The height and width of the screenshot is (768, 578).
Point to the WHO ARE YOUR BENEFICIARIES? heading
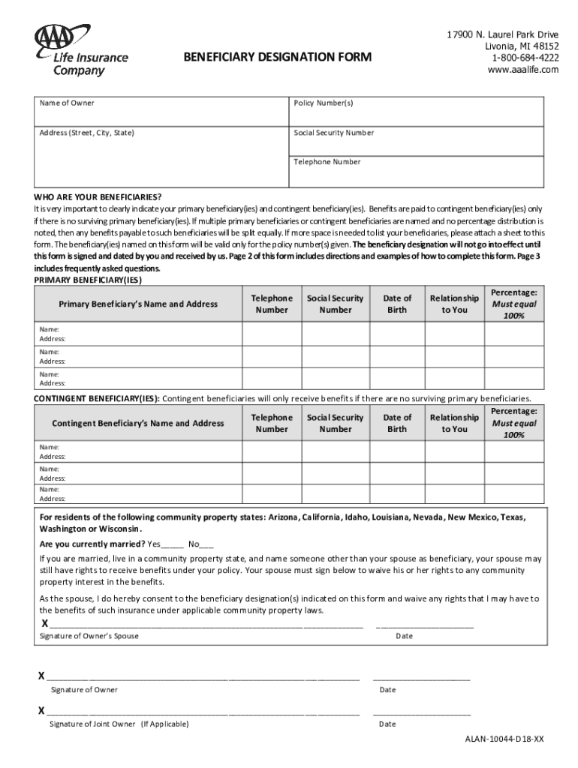[98, 196]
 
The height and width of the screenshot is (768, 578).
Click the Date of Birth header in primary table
[397, 304]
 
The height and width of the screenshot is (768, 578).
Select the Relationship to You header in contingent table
[454, 423]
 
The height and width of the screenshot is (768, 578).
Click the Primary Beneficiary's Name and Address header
[138, 304]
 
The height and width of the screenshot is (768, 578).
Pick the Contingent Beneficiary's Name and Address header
[138, 423]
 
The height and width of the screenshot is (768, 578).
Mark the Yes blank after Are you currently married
[172, 544]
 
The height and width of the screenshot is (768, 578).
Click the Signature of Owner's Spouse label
[89, 636]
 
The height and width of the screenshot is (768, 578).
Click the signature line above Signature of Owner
[203, 677]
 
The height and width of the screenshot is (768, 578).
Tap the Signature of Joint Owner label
[119, 724]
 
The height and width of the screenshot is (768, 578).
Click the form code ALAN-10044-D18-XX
[504, 739]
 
